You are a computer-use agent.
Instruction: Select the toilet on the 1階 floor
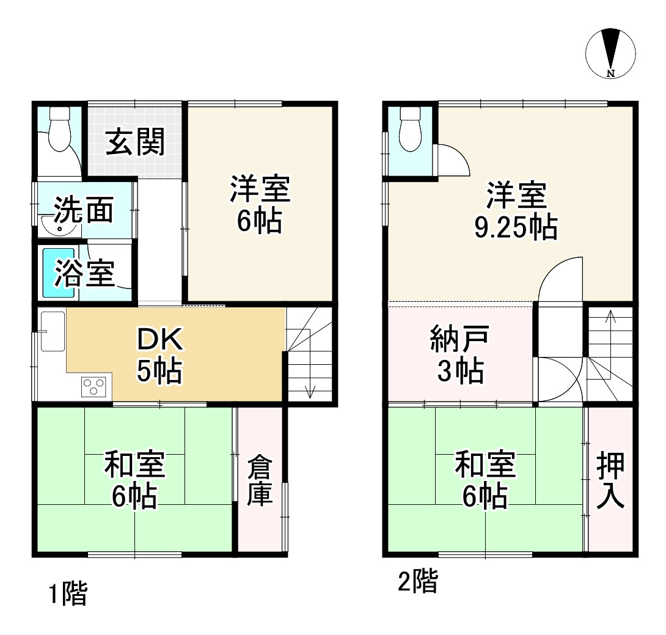pos(60,130)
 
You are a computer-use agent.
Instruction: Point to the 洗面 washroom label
pos(83,210)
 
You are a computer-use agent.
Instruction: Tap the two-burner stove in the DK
pos(94,386)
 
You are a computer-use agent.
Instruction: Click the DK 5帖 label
pos(158,355)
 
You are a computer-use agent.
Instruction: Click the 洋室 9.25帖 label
pos(515,211)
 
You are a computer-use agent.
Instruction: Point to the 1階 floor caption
pos(68,593)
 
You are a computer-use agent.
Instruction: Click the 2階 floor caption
pos(418,581)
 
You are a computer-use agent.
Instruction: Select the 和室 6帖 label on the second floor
pos(485,480)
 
